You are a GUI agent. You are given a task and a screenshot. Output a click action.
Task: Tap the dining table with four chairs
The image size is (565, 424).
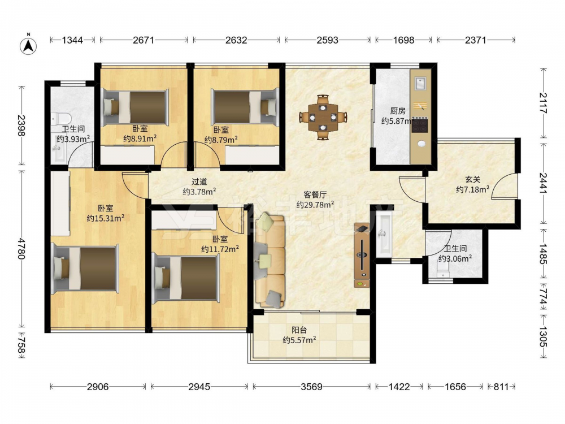coord(323,117)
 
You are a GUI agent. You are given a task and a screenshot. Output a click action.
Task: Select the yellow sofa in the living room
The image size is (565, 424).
coord(270,260)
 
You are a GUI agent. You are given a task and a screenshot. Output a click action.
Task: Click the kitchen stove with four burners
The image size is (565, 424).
coord(420,125)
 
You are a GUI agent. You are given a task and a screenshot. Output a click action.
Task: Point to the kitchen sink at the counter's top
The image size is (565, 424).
coord(420,83)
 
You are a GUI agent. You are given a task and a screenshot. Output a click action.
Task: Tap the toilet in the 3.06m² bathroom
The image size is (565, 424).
coord(443,270)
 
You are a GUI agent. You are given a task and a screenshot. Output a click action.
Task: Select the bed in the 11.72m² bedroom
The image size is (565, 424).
coord(186,278)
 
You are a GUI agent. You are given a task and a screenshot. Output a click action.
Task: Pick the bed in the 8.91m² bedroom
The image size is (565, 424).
coord(136,107)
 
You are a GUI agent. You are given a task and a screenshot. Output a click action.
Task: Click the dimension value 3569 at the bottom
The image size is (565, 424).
coord(311,387)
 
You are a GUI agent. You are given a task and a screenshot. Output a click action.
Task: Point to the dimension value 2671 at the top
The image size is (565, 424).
coord(144,40)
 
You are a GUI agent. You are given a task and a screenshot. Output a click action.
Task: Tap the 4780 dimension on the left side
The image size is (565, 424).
coord(21,248)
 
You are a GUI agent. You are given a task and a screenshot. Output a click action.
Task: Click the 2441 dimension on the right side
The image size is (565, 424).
coord(543,183)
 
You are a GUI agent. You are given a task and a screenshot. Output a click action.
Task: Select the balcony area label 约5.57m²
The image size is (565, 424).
coord(299,340)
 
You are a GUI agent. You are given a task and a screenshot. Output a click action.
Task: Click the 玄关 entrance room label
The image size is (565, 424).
coord(472,179)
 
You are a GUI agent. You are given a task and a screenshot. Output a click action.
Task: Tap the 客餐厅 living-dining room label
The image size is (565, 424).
coord(315,195)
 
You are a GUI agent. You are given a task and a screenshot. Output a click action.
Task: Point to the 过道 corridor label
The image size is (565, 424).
coord(199,182)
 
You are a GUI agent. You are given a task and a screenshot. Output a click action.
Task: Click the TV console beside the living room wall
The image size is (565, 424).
coord(362,255)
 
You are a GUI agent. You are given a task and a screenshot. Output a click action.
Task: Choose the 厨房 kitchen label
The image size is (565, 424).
coord(397,111)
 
